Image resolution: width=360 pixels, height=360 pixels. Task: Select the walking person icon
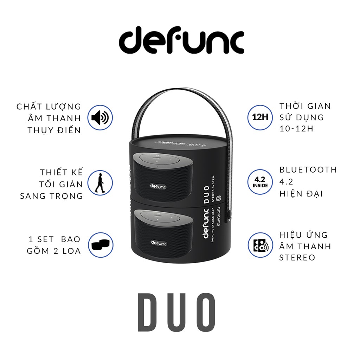tap(99, 183)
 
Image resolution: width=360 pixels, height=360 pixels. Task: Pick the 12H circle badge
tap(261, 117)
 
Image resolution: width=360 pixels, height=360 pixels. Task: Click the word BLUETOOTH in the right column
tap(308, 170)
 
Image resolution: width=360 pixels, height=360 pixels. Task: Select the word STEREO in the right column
tap(297, 257)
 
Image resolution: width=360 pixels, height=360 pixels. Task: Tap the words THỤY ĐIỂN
tap(54, 130)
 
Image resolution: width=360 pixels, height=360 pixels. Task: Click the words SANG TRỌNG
tap(51, 196)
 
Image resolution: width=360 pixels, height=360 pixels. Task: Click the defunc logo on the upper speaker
tap(158, 185)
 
